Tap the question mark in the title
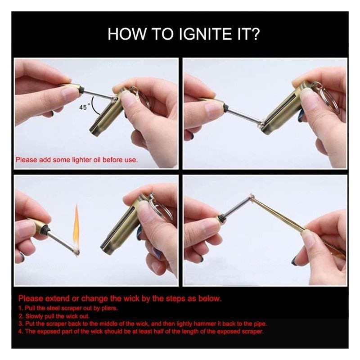pyautogui.click(x=254, y=34)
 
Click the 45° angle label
pyautogui.click(x=84, y=107)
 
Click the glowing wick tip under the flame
pyautogui.click(x=76, y=252)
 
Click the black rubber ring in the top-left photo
pyautogui.click(x=81, y=88)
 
